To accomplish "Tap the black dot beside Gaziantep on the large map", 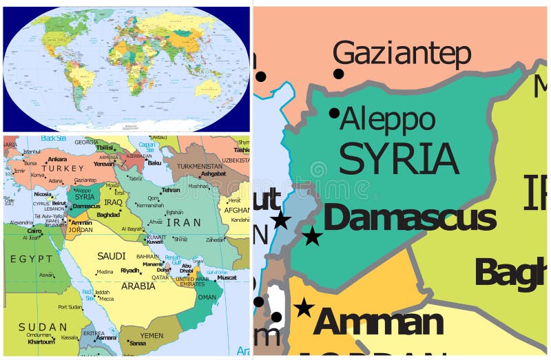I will coord(338,74).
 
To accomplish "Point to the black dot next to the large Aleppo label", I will coord(334,113).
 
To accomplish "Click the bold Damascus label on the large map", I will coord(409,218).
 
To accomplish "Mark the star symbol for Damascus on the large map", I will coord(312,236).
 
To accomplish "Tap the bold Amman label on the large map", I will coord(378,322).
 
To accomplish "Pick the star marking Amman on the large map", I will coord(304,308).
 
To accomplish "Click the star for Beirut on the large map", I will coord(280,220).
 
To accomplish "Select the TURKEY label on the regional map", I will coord(62,168).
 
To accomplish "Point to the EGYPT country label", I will coord(31,259).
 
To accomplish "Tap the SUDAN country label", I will coord(43,326).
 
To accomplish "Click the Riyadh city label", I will coord(129,271).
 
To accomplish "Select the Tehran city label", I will coord(171,190).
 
